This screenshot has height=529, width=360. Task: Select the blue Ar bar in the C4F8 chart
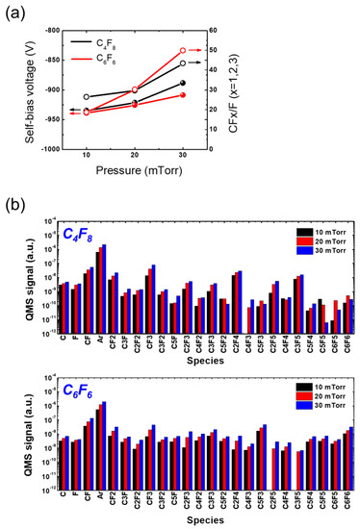tap(104, 246)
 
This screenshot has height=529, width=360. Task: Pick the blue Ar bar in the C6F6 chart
tap(104, 403)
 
